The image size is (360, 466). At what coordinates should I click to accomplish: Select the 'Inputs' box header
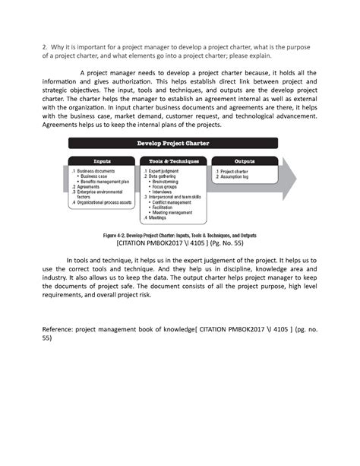pos(102,161)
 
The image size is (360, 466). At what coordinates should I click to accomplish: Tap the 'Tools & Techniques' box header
pos(173,161)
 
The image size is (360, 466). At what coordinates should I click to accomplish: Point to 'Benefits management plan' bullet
pos(106,182)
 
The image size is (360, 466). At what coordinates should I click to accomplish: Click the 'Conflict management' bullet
pos(175,202)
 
